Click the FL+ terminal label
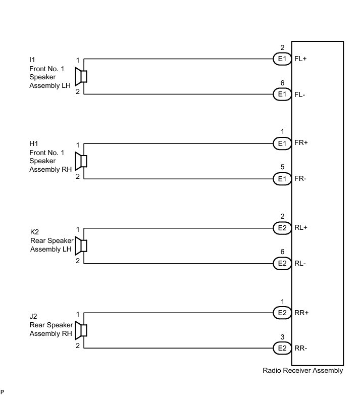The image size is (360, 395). [x=300, y=59]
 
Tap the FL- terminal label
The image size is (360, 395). [x=300, y=94]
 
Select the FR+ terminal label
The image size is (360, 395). [x=301, y=143]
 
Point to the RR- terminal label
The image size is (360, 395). [x=301, y=348]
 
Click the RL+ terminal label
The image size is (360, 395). [x=301, y=228]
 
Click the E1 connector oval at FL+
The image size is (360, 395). [x=282, y=59]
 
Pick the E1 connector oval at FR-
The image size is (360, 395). [x=282, y=179]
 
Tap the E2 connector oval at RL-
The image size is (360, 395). [x=282, y=263]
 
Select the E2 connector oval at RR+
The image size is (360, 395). [x=282, y=313]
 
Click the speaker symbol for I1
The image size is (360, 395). [x=81, y=77]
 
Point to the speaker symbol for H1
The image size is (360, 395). [x=81, y=161]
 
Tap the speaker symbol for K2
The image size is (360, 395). [x=81, y=245]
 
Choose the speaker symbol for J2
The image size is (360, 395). [x=81, y=330]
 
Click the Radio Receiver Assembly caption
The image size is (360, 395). [x=302, y=371]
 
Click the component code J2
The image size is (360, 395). [x=34, y=317]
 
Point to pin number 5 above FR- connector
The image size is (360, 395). [x=282, y=168]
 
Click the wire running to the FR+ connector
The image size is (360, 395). [x=177, y=143]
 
